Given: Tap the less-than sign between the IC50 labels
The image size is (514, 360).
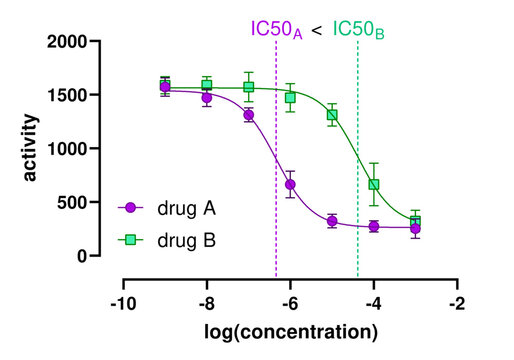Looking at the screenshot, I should coord(316,29).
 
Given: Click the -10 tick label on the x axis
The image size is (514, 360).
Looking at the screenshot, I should coord(122,303).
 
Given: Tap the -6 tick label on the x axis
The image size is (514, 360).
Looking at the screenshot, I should coord(289,303).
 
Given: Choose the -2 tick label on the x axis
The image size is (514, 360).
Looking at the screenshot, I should coord(456,303).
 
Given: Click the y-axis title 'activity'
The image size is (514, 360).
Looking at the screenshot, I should coord(31,148).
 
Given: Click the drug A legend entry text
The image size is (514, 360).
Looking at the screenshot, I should coord(186,209).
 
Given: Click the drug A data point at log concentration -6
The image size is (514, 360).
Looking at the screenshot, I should coord(290,185).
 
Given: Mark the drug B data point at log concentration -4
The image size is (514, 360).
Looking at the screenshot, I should coord(374,185).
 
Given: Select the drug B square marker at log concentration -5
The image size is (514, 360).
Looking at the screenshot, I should coord(332,115).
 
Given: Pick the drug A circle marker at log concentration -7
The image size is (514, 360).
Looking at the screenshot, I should coord(248,115).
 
